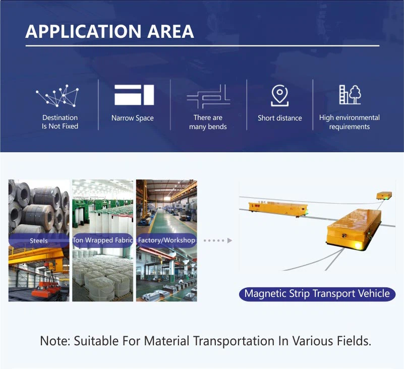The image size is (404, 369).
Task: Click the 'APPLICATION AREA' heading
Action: pos(109,31)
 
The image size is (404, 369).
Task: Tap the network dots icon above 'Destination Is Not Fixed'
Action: pos(57,96)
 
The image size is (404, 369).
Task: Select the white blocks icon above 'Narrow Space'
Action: pos(134,95)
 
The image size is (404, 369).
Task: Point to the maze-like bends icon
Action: pos(208,97)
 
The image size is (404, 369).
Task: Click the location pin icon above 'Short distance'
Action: pos(279,96)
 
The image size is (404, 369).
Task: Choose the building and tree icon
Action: pos(350,94)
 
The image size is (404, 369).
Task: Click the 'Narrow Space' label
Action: pos(133,118)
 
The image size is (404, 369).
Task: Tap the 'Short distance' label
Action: pos(280,118)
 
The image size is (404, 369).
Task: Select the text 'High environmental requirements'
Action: pos(350,122)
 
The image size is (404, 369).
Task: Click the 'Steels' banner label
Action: pos(39,241)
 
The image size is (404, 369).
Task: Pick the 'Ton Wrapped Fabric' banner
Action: pos(102,240)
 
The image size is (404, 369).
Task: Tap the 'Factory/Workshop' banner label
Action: pos(166,240)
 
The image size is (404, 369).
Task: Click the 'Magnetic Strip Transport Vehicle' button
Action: pos(317,294)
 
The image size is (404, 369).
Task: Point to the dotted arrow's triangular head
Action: pos(229,240)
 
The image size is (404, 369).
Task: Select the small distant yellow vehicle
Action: pos(384,196)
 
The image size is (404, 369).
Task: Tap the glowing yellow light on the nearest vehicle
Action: pos(359,245)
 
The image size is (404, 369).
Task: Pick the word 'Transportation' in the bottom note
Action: pos(234,341)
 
